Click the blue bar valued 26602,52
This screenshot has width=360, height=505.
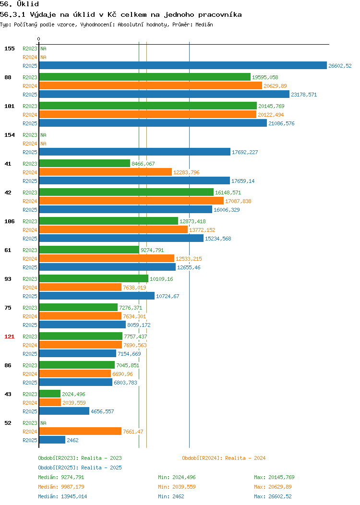(x=183, y=66)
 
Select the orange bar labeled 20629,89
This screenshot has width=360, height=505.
(x=151, y=85)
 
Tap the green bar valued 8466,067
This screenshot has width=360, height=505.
(x=84, y=164)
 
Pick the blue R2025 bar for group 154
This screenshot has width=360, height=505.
(x=135, y=152)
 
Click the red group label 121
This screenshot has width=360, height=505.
(x=9, y=337)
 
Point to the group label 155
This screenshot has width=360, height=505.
(x=9, y=48)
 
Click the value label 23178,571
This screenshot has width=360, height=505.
(x=304, y=95)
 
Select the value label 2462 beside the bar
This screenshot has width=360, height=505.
(x=72, y=440)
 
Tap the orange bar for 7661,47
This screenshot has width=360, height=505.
(x=81, y=431)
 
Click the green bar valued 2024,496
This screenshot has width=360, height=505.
(x=50, y=394)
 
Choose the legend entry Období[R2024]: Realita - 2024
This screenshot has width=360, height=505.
(x=224, y=458)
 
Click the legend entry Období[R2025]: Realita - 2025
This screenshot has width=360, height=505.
(x=80, y=468)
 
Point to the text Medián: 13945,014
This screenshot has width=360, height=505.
(x=62, y=496)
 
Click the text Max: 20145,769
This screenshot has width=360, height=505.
(x=274, y=477)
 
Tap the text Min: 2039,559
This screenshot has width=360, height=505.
(x=177, y=487)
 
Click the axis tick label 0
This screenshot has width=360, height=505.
(x=39, y=39)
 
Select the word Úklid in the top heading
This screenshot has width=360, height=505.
(x=28, y=4)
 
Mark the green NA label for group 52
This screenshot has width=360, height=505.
(x=44, y=423)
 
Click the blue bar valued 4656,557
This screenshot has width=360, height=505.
(x=64, y=411)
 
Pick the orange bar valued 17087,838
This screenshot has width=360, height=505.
(x=132, y=201)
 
